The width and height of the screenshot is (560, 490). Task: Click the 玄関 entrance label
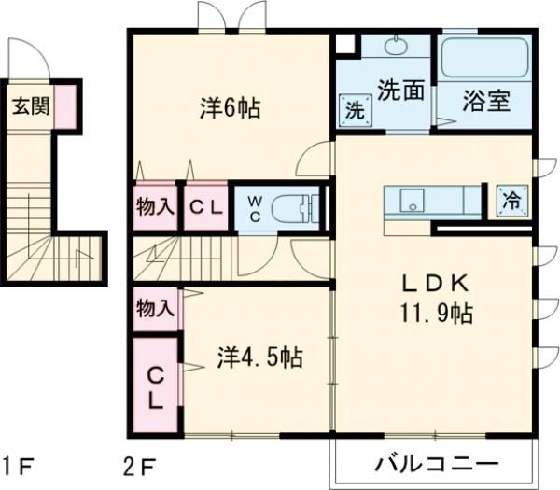[30, 105]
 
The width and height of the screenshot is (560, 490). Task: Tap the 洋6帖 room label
[230, 108]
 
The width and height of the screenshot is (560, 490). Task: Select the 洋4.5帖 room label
[259, 357]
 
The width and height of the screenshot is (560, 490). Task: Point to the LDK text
[434, 284]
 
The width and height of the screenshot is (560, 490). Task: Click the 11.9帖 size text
[434, 313]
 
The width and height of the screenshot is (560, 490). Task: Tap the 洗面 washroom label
[401, 90]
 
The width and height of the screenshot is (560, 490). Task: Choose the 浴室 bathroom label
[486, 101]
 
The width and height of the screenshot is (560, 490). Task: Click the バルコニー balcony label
[437, 464]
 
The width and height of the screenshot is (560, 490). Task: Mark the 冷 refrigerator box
[511, 199]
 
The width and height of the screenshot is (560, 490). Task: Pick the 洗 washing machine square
[356, 108]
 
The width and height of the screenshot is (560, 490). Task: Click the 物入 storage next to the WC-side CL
[154, 207]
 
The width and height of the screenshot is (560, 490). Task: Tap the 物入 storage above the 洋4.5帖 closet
[154, 305]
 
